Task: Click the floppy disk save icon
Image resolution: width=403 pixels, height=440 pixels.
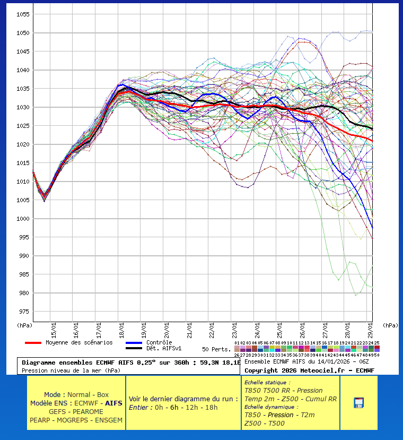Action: (x=358, y=402)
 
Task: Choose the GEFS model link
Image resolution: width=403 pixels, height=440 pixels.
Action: (x=58, y=411)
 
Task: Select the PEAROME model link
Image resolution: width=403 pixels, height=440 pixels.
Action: (x=88, y=411)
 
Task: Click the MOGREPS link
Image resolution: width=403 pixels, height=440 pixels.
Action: (x=74, y=420)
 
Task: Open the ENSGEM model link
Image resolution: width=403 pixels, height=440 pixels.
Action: (x=109, y=420)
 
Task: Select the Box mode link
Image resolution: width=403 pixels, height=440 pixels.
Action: (x=103, y=395)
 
